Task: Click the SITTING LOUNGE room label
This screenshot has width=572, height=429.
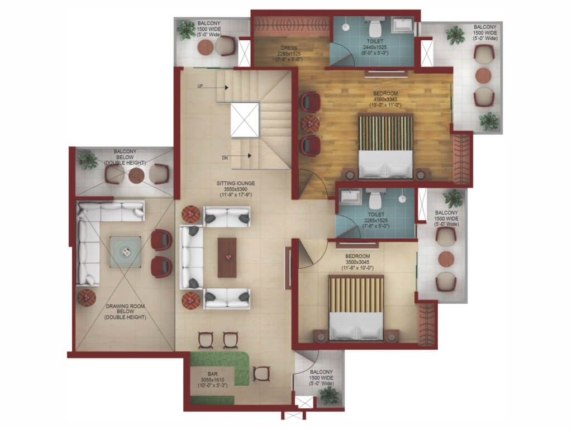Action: (236, 183)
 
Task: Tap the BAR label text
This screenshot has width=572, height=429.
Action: (213, 374)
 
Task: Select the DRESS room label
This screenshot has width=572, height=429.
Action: (289, 48)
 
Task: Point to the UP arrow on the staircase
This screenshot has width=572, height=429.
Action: (213, 87)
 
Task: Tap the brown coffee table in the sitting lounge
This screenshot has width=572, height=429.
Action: (227, 258)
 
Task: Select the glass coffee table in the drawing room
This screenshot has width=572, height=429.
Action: (126, 252)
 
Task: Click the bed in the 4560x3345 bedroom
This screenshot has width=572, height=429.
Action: (386, 146)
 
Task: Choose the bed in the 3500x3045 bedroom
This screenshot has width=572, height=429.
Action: (356, 308)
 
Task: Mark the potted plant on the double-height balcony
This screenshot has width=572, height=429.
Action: (88, 160)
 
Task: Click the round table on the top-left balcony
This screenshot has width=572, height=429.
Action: (206, 47)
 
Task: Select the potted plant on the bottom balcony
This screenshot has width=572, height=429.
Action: (328, 395)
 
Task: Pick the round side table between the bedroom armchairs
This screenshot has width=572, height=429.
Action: (311, 123)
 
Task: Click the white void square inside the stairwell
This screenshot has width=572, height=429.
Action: (245, 120)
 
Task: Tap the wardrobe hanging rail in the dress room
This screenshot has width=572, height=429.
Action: (292, 25)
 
